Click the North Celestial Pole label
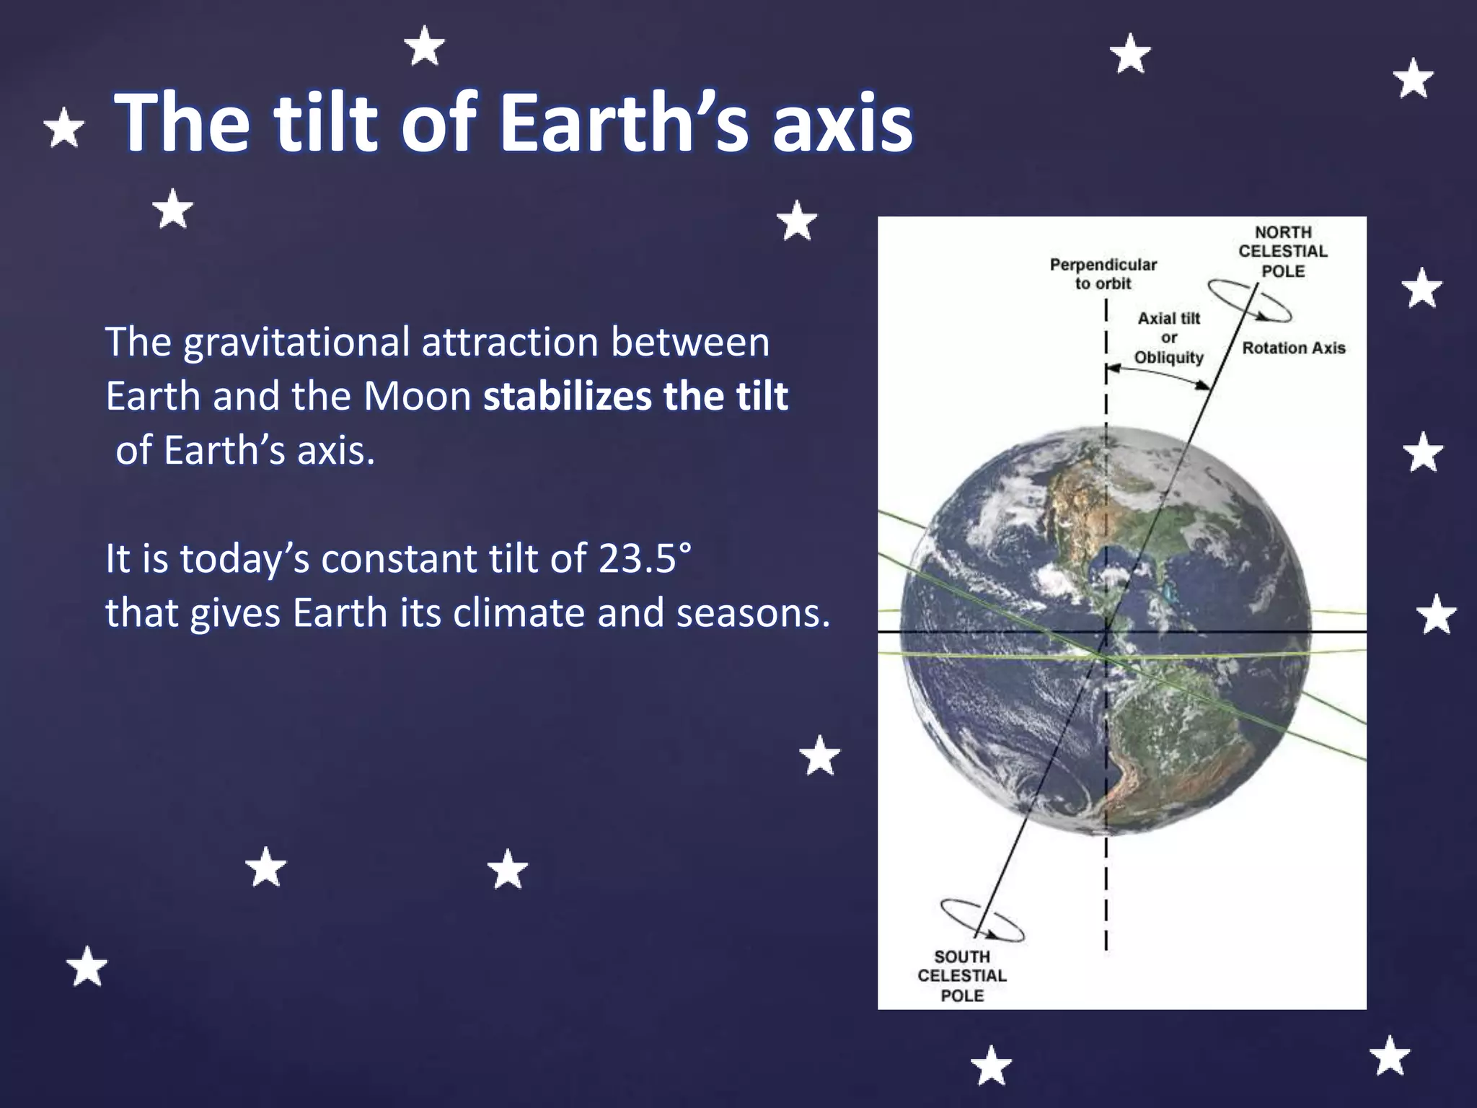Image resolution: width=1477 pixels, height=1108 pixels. click(x=1283, y=252)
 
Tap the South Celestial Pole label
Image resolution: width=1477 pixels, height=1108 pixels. click(x=961, y=976)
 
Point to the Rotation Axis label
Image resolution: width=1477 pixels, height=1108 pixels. click(x=1293, y=348)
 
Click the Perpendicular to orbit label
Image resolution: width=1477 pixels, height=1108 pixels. click(x=1103, y=274)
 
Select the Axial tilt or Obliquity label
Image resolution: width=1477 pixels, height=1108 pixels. click(x=1168, y=338)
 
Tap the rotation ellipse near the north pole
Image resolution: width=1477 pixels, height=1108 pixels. click(x=1249, y=301)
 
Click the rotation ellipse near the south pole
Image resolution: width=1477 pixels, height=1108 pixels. click(x=982, y=921)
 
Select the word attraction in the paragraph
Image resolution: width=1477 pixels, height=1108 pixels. click(x=510, y=343)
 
